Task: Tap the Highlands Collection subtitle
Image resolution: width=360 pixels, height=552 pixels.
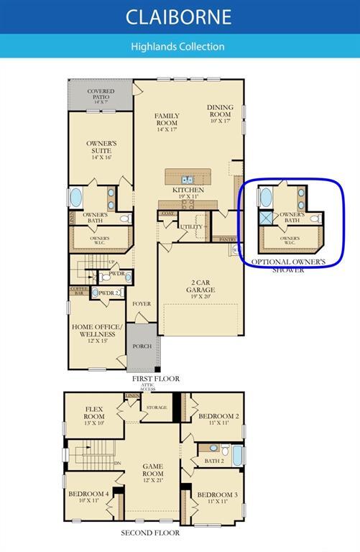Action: (x=177, y=46)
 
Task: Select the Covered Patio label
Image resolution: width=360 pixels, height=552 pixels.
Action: (x=101, y=95)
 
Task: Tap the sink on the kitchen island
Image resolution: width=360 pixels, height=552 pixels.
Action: (x=187, y=179)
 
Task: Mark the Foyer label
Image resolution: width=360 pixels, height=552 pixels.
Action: (x=142, y=303)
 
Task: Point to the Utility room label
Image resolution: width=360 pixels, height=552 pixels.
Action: (x=192, y=226)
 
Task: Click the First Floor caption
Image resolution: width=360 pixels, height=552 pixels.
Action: (x=155, y=378)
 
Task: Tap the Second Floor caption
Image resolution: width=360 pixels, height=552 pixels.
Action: (x=151, y=533)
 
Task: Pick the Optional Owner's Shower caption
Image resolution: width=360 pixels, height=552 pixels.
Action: (x=288, y=265)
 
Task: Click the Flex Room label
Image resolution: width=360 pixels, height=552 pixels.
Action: (x=94, y=413)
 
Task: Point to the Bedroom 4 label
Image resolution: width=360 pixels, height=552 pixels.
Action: (x=89, y=497)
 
